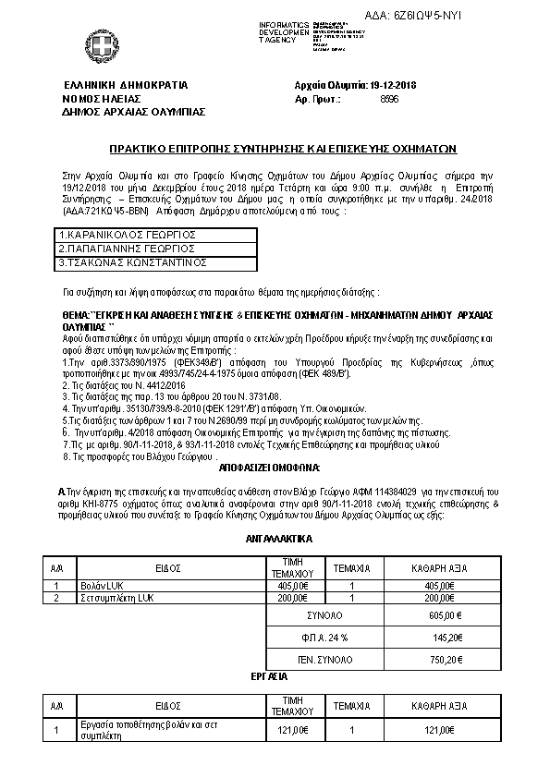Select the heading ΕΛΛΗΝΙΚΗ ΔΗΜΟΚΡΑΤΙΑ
[113, 84]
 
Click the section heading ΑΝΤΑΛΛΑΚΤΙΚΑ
[275, 537]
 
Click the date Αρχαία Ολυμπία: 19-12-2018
[356, 84]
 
